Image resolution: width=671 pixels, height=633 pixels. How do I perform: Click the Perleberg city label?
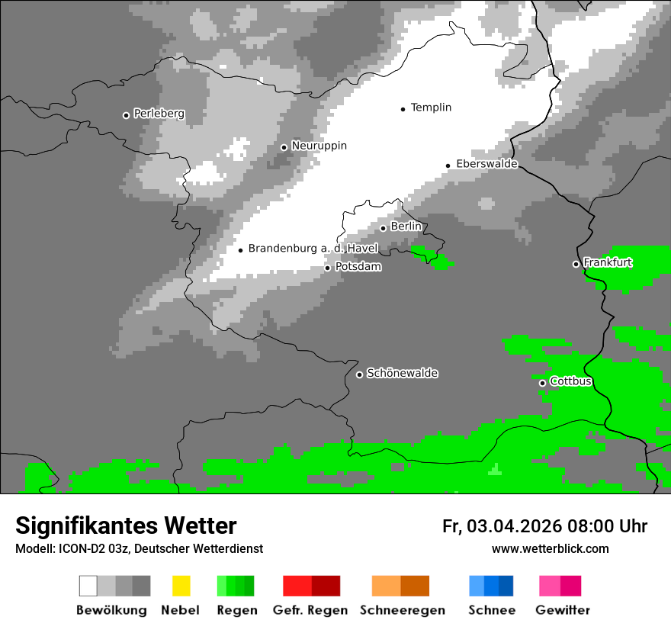coord(159,114)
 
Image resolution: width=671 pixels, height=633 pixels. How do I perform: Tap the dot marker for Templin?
coord(403,109)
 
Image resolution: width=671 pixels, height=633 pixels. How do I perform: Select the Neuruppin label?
coord(319,146)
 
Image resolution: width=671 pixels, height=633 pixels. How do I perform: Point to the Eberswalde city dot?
coord(448,165)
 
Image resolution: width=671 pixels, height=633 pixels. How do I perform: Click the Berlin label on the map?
coord(406,227)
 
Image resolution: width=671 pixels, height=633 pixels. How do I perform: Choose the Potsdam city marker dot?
coord(328,268)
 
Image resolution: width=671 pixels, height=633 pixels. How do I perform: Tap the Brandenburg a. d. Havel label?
coord(313,249)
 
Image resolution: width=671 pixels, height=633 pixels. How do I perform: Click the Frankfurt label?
coord(608,262)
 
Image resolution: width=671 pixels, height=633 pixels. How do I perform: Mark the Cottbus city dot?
coord(542,383)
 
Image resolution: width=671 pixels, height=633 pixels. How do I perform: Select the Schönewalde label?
coord(402,373)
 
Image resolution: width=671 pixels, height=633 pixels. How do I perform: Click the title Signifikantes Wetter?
coord(126,526)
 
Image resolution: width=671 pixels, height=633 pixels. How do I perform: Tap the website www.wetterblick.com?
coord(550,548)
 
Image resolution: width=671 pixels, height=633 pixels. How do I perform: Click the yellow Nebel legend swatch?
coord(181,586)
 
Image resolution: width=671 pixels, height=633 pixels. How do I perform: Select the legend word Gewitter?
coord(562,610)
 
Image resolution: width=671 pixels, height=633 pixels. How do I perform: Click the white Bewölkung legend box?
coord(88,586)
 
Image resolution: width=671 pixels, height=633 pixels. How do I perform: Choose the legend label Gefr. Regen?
coord(310,610)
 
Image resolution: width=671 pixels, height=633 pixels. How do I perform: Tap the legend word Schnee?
coord(491,610)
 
